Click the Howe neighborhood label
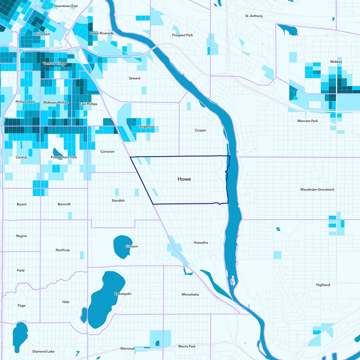[x=184, y=179]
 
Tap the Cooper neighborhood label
[x=200, y=130]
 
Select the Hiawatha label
[x=200, y=243]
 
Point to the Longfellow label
[x=146, y=127]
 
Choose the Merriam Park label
[x=307, y=121]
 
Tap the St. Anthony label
[x=254, y=16]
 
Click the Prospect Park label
[x=182, y=35]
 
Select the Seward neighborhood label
[x=135, y=78]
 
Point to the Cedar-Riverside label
[x=102, y=33]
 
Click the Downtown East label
[x=66, y=6]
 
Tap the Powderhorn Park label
[x=64, y=157]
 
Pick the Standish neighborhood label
[x=118, y=200]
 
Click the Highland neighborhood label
[x=323, y=285]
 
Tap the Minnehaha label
[x=190, y=295]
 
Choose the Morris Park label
[x=187, y=346]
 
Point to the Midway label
[x=336, y=62]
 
